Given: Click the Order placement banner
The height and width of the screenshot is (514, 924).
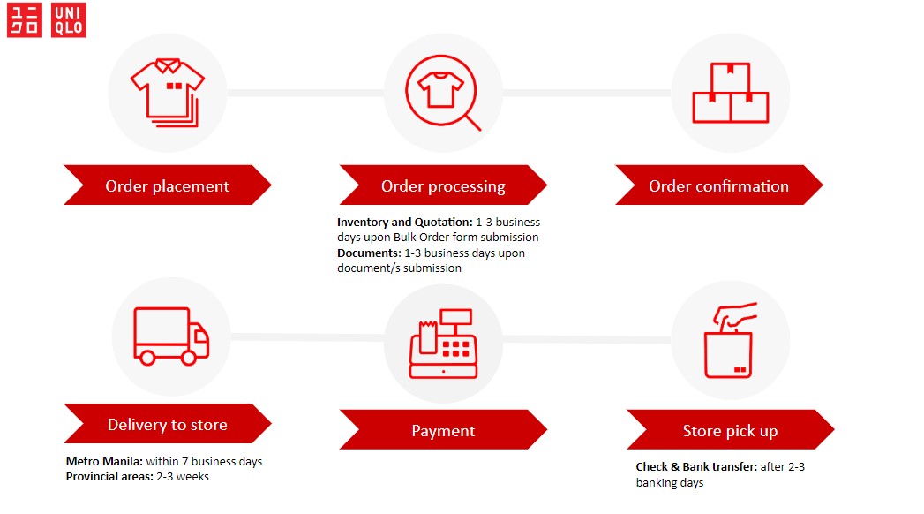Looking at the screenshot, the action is (168, 185).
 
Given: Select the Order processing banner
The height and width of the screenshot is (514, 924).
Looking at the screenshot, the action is (443, 185).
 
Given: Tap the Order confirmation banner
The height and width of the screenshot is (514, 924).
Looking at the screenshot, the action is (719, 185).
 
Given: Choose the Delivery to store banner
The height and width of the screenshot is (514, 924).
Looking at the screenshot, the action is (168, 424).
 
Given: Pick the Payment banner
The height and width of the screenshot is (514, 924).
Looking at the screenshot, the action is (443, 430).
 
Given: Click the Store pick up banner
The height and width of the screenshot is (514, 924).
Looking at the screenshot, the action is (730, 430).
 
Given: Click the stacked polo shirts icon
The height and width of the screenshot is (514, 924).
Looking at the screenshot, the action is (168, 92).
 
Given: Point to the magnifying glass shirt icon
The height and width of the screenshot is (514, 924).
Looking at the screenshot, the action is (443, 93).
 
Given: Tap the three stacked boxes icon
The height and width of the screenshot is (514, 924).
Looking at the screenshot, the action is (730, 93).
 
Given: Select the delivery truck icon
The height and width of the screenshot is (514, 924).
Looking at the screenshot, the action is (171, 336).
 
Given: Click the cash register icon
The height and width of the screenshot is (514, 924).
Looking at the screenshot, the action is (443, 343).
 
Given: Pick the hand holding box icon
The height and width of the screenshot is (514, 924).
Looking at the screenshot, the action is (730, 340).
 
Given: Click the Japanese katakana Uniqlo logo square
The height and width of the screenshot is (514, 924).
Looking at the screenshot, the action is (24, 20).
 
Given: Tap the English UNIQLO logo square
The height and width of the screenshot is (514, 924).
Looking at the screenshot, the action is (68, 20).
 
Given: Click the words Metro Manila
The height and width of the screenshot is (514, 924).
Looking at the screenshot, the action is (104, 461).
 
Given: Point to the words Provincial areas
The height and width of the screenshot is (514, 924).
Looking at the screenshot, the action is (109, 476).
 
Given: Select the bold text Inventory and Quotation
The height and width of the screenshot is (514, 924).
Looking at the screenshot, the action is (405, 222).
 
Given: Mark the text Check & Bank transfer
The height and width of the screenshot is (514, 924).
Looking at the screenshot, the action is (696, 467).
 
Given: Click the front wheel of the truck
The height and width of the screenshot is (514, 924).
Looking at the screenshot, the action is (189, 357).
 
